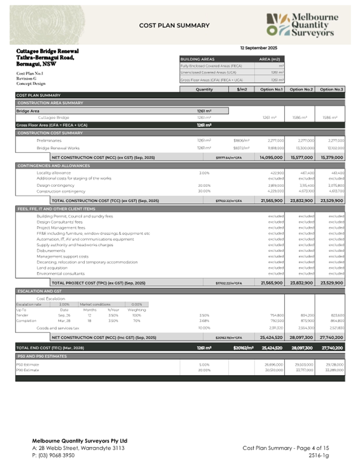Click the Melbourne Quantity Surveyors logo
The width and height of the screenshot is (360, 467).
pos(302,26)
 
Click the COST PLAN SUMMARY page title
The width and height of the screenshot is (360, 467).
pos(174,26)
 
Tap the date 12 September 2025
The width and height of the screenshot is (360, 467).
pos(259,48)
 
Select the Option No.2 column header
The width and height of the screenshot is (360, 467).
pos(302,90)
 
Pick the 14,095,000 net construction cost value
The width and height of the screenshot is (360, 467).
pos(271,158)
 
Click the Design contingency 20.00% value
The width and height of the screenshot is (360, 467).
pos(204,185)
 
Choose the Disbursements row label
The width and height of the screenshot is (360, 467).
pos(51,251)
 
